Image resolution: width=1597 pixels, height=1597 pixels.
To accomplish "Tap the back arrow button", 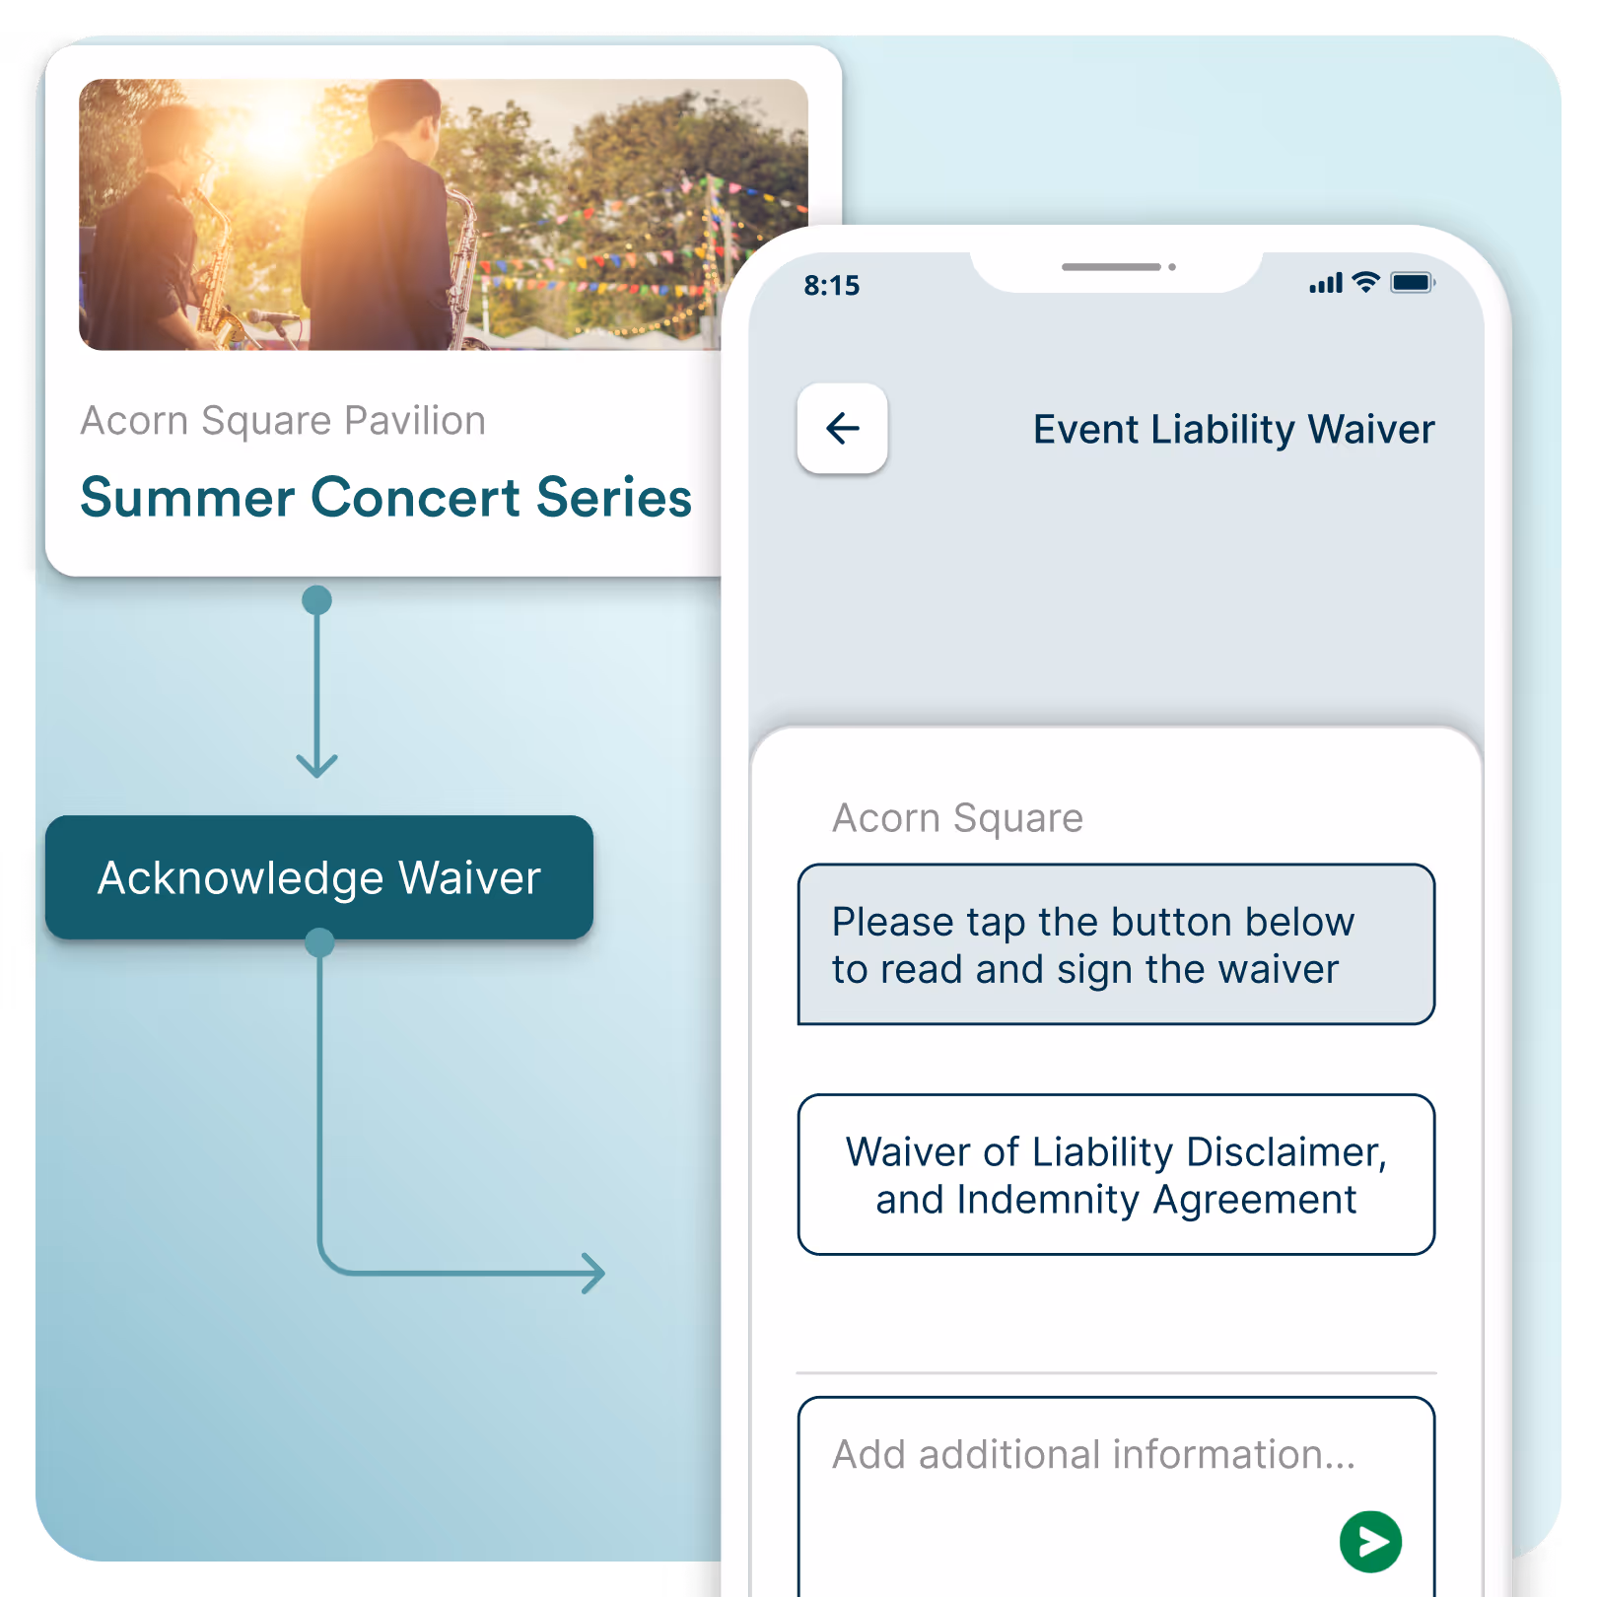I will click(842, 429).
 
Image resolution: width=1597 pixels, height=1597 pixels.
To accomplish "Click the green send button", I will click(1370, 1541).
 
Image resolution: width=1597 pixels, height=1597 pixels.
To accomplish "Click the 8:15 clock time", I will click(831, 286).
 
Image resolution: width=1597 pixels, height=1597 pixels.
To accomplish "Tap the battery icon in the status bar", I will click(1412, 283).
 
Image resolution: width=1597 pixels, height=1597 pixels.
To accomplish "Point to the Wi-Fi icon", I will click(1365, 282).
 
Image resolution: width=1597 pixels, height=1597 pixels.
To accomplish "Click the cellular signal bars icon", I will click(1326, 284).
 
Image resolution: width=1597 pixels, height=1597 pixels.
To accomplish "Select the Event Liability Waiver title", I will click(1233, 430).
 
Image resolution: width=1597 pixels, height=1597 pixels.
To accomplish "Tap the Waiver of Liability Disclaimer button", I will click(1116, 1174).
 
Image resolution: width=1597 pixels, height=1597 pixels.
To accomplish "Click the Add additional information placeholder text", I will click(1093, 1454).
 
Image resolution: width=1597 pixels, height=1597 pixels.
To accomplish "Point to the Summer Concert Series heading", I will click(385, 497).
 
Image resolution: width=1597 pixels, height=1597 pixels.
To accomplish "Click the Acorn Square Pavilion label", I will click(283, 421).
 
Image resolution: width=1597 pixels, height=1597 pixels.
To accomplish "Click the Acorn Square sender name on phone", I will click(957, 818).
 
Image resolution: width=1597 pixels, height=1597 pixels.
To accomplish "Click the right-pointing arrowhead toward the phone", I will click(593, 1273).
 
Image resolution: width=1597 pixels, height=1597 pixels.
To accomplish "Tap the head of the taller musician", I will click(405, 113).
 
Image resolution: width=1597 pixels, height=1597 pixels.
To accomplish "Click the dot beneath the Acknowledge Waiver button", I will click(319, 942).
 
